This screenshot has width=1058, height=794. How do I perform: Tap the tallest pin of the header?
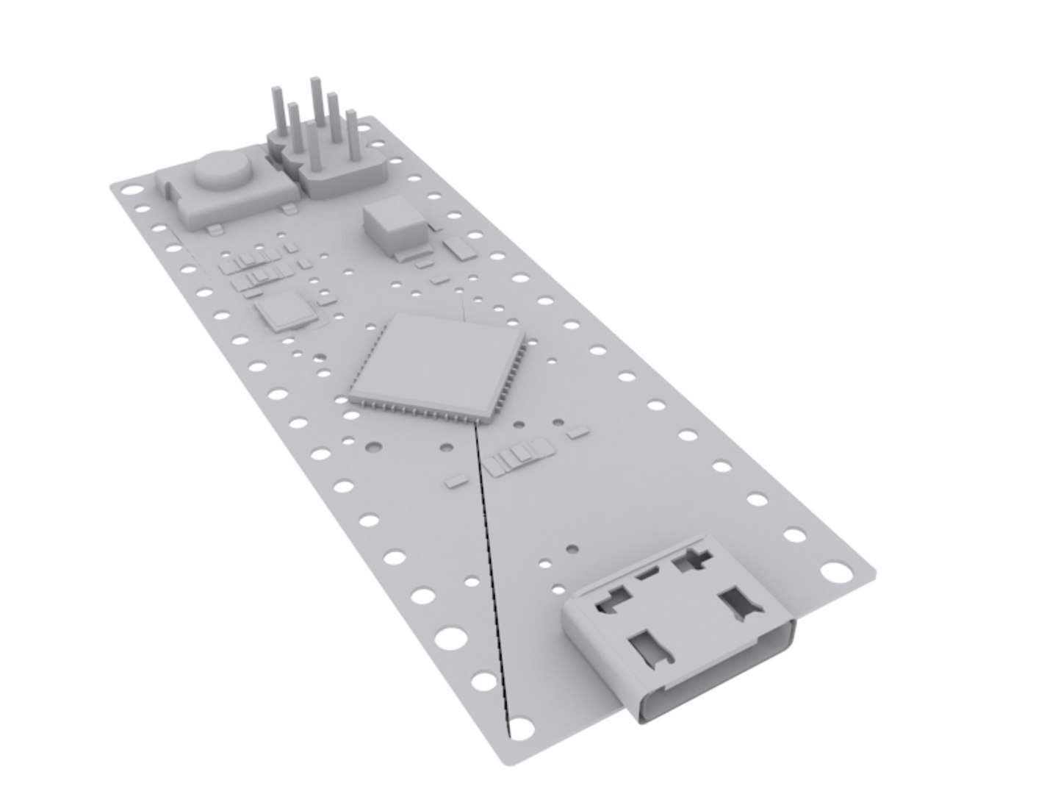317,110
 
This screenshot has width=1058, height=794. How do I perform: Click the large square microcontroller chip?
438,365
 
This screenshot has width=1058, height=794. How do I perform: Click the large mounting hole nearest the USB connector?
833,571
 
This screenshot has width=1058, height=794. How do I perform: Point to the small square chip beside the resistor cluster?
283,311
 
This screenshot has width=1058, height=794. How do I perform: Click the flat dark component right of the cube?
461,248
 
